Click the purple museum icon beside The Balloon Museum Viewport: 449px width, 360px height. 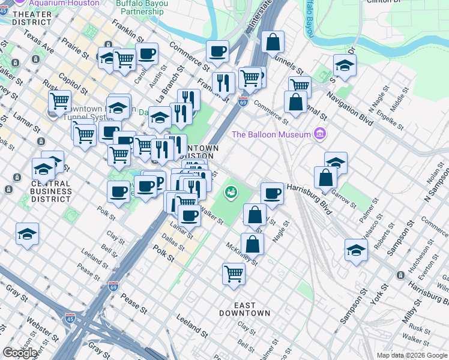tap(319, 134)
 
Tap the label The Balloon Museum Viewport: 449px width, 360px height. tap(271, 134)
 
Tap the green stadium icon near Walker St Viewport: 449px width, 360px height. tap(229, 193)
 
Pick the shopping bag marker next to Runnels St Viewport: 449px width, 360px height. tap(273, 43)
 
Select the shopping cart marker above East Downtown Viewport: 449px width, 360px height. tap(234, 273)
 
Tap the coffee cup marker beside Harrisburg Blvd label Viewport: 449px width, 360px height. tap(272, 193)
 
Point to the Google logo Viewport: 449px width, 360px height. tap(20, 352)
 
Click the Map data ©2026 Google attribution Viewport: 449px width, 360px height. tap(412, 355)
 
